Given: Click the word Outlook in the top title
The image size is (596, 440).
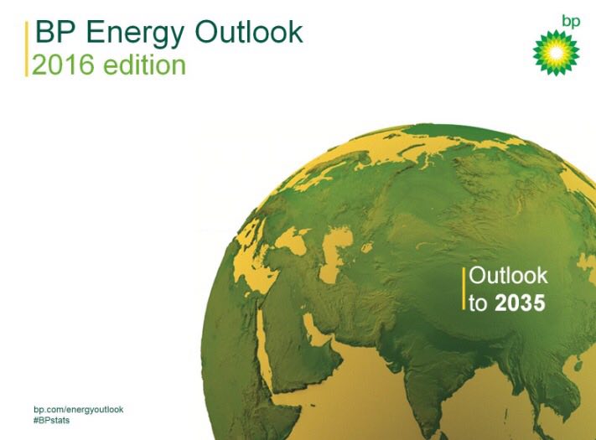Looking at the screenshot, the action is pyautogui.click(x=249, y=32).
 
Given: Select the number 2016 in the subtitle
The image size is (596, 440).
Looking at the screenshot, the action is pyautogui.click(x=63, y=65).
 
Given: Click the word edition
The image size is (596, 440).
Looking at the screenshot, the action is pyautogui.click(x=145, y=65).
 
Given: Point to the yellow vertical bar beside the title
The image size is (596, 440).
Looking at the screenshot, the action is pyautogui.click(x=27, y=49).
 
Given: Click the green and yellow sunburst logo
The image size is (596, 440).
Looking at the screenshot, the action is pyautogui.click(x=556, y=53).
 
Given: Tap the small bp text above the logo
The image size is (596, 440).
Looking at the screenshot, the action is pyautogui.click(x=571, y=22).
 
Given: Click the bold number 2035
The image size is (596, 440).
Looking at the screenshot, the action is pyautogui.click(x=521, y=303).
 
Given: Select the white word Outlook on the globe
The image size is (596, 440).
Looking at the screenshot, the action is pyautogui.click(x=508, y=276).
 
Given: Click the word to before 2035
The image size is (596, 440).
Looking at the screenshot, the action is pyautogui.click(x=478, y=303).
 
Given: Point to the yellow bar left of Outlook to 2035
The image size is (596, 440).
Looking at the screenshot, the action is pyautogui.click(x=464, y=289).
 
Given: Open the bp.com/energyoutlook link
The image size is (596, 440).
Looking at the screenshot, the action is pyautogui.click(x=78, y=410).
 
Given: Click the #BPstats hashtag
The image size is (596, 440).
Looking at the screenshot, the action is pyautogui.click(x=51, y=420).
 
